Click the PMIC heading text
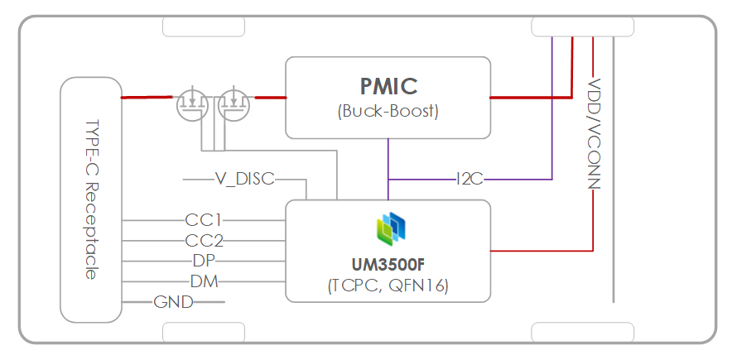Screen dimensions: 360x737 click(388, 86)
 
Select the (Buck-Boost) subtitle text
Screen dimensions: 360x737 click(388, 111)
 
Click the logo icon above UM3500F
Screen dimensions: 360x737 click(388, 227)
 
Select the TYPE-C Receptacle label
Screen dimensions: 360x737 click(91, 200)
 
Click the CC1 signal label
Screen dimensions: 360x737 click(204, 221)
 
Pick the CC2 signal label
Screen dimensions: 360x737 click(204, 241)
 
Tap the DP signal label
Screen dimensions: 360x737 click(204, 261)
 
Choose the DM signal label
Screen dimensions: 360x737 click(204, 281)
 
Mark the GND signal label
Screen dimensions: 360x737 click(173, 302)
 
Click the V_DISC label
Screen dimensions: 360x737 click(244, 179)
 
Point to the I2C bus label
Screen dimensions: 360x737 click(470, 179)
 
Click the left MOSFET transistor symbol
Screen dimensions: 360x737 click(191, 103)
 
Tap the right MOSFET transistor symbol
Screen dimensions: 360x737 click(234, 103)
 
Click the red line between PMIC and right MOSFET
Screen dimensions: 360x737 click(270, 98)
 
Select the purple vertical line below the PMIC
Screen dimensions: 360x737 click(388, 157)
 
